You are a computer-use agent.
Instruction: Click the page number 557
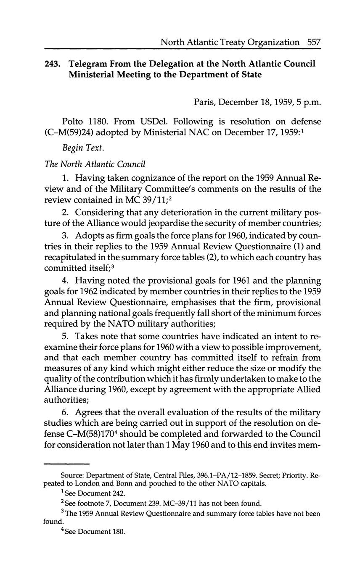(x=314, y=42)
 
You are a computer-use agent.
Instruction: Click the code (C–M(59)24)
(x=69, y=133)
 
